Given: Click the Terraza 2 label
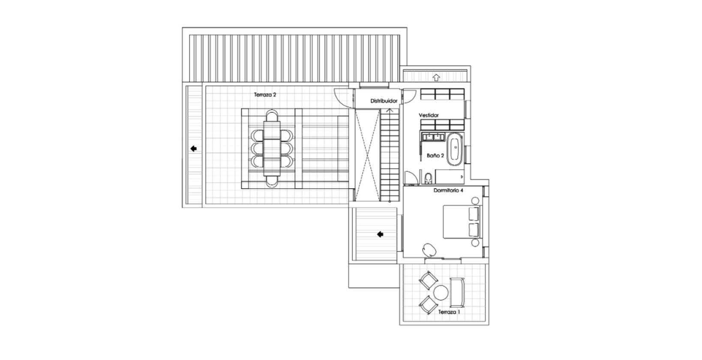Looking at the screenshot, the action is coord(265,95).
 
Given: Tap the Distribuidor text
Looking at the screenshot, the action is coord(384,101).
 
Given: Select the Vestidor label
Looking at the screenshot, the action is coord(429,115).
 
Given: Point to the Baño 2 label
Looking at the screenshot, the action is coord(435,156).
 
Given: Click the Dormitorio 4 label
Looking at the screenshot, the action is coord(448,190).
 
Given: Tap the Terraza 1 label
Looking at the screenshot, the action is coord(449,312).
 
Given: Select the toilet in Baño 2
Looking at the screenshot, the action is coord(428,178).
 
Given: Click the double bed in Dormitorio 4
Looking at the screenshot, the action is coord(461,222).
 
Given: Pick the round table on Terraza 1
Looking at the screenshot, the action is coord(441,293).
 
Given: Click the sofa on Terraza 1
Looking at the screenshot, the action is coord(457,293).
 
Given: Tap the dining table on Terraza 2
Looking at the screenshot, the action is coord(272,148).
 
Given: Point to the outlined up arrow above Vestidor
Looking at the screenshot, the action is coord(436,77).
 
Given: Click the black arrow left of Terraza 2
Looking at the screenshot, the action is coord(194,149).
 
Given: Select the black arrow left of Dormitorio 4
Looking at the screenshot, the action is coord(380,234).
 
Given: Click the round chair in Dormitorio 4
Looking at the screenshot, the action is coord(429,250).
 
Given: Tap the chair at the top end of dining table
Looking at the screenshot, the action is coord(272,115).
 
